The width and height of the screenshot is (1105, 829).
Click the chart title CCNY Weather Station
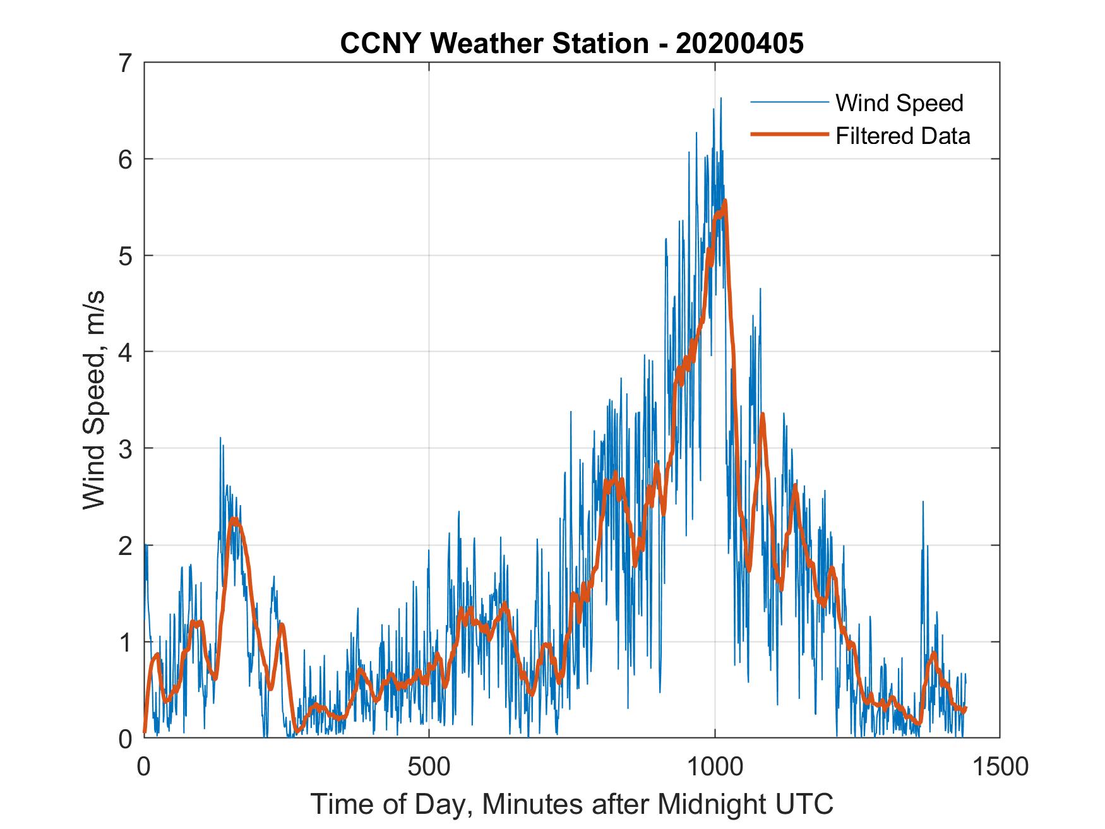494,44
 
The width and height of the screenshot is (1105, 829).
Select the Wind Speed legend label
899,103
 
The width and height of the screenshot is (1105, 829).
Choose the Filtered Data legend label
902,136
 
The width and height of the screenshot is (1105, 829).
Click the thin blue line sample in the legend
789,102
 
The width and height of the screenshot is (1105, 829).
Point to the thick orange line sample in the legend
789,134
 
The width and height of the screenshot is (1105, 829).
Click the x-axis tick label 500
429,766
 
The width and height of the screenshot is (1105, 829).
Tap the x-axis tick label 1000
714,766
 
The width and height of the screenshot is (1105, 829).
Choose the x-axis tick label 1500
1000,766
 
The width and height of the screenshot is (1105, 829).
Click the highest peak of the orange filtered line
725,201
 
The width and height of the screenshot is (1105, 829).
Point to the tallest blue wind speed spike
720,98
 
